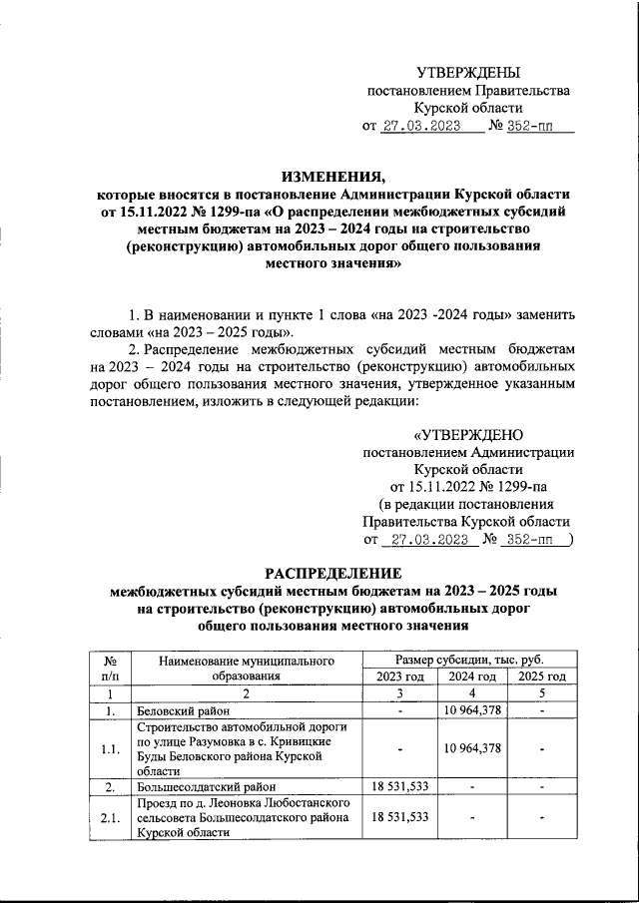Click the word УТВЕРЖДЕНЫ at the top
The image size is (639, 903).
click(468, 73)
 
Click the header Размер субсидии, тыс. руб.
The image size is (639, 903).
click(469, 660)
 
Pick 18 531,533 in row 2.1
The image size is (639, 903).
click(399, 816)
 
